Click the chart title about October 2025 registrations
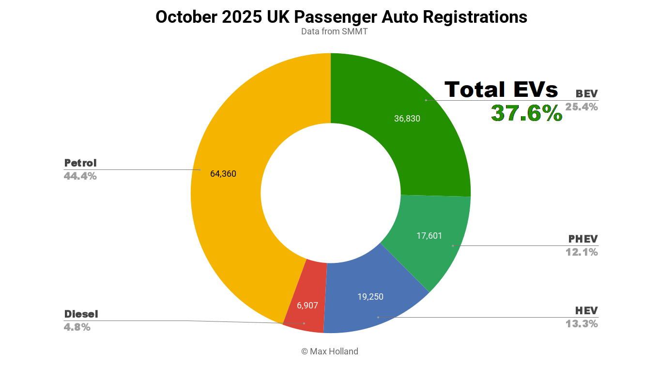[x=341, y=17]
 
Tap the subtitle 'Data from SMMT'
[x=330, y=31]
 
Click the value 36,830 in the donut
[x=407, y=119]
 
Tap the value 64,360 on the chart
[x=223, y=174]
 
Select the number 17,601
[x=429, y=236]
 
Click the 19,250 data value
[x=370, y=297]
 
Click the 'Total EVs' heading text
[x=501, y=90]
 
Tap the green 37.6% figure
[x=527, y=113]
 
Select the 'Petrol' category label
[x=80, y=163]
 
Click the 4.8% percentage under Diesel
[x=77, y=327]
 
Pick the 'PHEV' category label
[x=583, y=239]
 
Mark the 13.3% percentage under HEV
[x=582, y=324]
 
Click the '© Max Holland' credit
[x=330, y=352]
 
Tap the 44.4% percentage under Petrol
[x=80, y=176]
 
